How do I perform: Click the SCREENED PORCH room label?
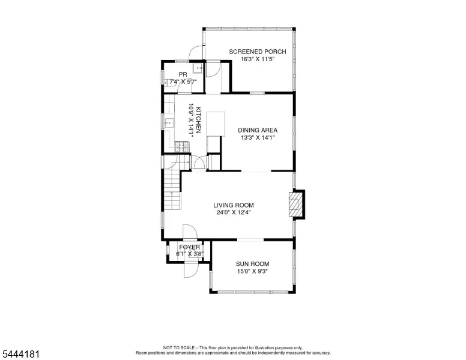pos(258,52)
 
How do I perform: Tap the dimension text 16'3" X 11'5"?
pos(258,59)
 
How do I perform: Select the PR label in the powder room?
pos(183,74)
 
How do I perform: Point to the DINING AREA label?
pos(258,130)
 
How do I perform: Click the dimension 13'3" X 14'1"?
pos(258,137)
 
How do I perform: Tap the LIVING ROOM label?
pos(234,205)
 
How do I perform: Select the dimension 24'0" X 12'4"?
pos(234,212)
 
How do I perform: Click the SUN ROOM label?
pos(253,264)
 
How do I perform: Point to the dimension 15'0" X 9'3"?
pos(253,271)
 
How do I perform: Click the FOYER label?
pos(190,247)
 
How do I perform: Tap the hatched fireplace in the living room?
pos(294,205)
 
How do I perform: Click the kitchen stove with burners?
pos(181,147)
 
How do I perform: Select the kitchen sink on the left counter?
pos(169,122)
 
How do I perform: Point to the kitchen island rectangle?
pos(216,124)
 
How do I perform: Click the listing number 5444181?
pos(21,354)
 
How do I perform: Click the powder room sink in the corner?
pos(198,68)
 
